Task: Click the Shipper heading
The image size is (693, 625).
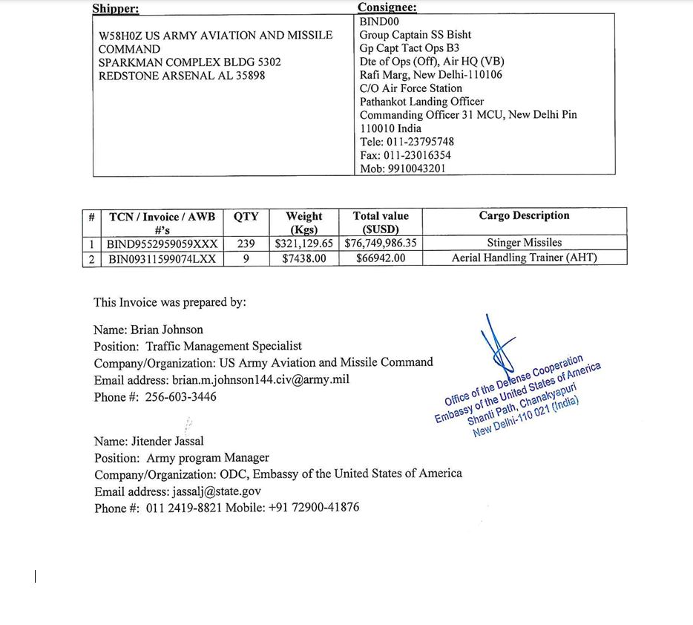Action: [115, 9]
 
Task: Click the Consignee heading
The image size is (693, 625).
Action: [387, 7]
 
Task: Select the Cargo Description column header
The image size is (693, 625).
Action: [524, 216]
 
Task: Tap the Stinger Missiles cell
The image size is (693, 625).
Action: [524, 243]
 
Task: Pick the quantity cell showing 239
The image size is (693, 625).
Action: [246, 243]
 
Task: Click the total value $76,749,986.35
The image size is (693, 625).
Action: [381, 243]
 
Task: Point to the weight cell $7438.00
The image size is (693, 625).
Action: [303, 258]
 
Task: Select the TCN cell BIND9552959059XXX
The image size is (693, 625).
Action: [162, 243]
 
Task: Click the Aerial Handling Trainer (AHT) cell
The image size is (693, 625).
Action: [524, 258]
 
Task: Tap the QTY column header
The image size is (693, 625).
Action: [246, 217]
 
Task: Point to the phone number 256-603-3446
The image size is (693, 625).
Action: [180, 397]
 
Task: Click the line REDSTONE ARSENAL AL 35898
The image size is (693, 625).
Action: [182, 76]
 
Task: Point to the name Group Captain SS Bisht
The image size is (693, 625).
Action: [415, 35]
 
